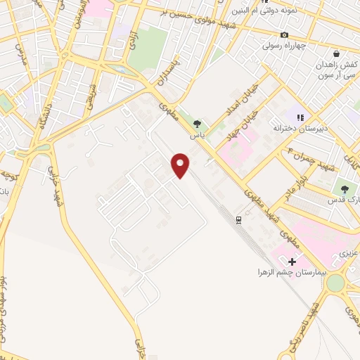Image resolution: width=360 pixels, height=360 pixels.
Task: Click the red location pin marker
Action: point(181,165)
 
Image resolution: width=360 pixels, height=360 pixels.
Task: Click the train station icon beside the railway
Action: point(239,220)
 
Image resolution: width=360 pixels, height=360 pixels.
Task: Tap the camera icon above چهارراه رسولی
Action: point(284,35)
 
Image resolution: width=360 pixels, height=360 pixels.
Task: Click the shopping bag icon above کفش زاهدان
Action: point(336,53)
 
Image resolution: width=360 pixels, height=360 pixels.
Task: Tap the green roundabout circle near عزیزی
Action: point(335,283)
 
